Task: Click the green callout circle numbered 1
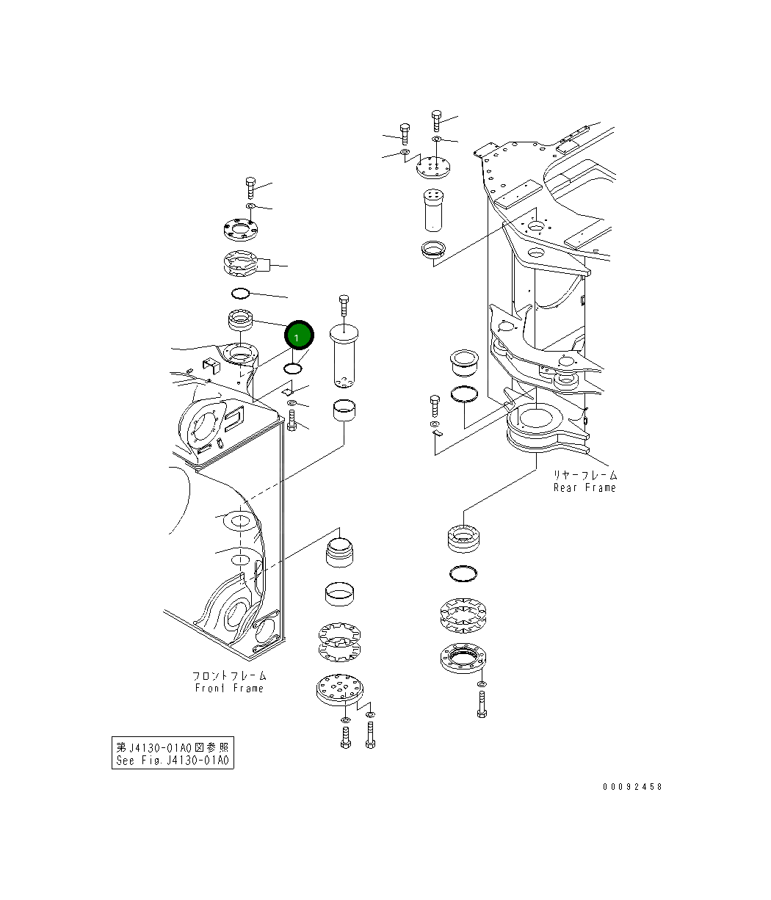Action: (x=299, y=336)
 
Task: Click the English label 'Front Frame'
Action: (x=229, y=688)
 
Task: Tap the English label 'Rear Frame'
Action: (x=584, y=487)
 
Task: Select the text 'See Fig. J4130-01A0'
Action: (x=173, y=760)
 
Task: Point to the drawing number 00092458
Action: (x=632, y=786)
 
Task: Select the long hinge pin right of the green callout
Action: (x=343, y=356)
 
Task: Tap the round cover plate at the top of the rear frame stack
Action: (x=432, y=168)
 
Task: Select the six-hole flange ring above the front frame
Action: (x=239, y=231)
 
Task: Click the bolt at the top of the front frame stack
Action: (x=250, y=187)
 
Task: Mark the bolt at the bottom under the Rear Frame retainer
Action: (x=482, y=703)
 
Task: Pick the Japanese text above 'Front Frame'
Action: (x=229, y=675)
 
